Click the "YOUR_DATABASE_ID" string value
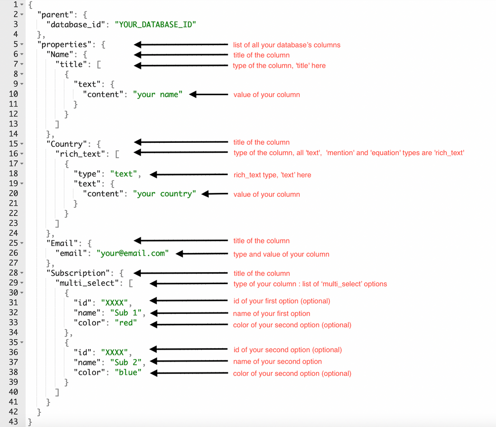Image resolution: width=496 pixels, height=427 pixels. click(155, 25)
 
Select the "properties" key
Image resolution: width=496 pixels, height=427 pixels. click(62, 44)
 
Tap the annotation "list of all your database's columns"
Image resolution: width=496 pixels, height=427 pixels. click(287, 45)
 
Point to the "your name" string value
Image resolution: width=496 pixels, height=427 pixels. click(158, 94)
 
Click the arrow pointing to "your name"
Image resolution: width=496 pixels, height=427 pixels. click(208, 94)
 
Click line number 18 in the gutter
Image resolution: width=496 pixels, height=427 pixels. click(13, 174)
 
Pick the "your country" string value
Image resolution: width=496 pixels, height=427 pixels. click(165, 193)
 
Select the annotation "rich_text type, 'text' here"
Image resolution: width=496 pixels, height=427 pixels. click(272, 175)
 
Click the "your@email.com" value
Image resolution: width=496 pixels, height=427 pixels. click(132, 253)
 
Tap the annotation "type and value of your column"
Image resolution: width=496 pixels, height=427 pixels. click(281, 254)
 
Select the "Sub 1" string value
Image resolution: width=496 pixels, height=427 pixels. click(126, 312)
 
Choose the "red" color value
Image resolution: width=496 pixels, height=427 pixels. click(126, 323)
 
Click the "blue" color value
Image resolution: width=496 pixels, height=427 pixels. click(128, 372)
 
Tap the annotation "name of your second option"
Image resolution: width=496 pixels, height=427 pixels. click(277, 362)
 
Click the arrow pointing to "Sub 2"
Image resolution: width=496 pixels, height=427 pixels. click(189, 361)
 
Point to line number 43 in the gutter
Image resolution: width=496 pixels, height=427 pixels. click(13, 422)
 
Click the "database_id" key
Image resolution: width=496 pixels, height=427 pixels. click(76, 25)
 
